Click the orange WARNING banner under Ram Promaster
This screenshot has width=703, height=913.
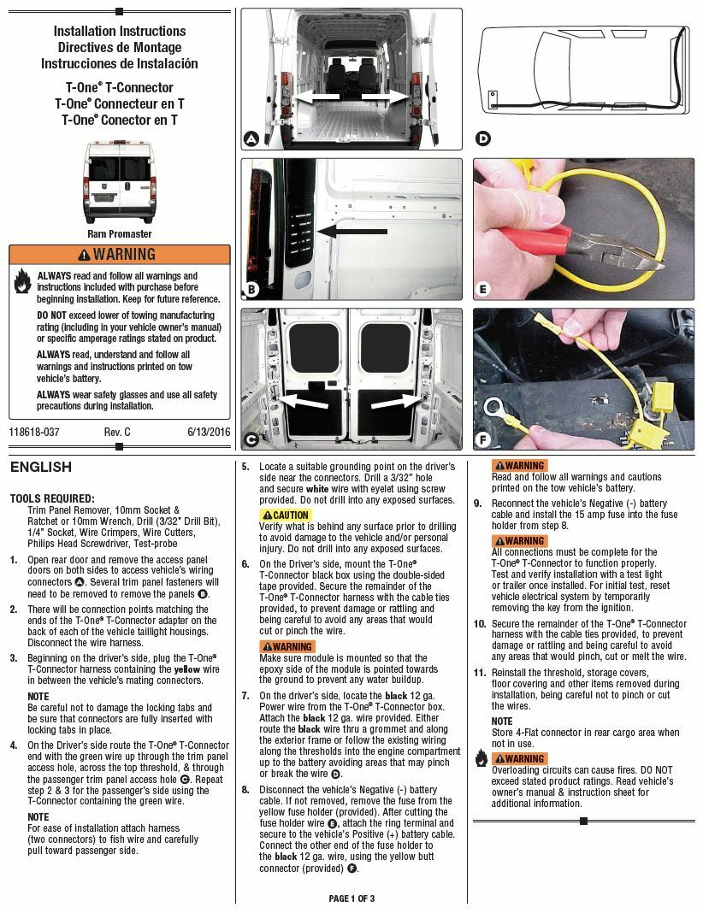(119, 255)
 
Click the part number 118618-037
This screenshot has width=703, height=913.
(35, 433)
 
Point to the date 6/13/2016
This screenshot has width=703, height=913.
(209, 433)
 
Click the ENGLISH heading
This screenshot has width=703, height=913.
(41, 468)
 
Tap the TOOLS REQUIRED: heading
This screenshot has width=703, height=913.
(52, 498)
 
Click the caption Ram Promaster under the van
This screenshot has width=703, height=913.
(119, 233)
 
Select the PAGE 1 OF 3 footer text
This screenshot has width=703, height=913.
(351, 898)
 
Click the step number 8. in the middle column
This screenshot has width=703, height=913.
(245, 790)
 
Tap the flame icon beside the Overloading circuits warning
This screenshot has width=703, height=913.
(481, 757)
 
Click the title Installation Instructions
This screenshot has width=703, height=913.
(119, 31)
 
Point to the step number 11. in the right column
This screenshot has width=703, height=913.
(480, 673)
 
